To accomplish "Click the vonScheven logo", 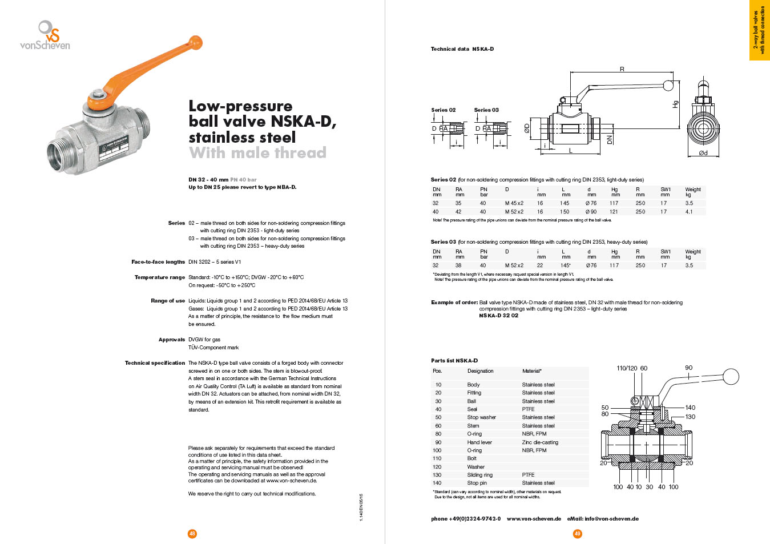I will pyautogui.click(x=45, y=35).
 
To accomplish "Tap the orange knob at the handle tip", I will pyautogui.click(x=195, y=43).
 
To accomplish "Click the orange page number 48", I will pyautogui.click(x=192, y=534).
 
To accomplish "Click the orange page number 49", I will pyautogui.click(x=578, y=534).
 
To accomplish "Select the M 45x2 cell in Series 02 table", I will pyautogui.click(x=514, y=203).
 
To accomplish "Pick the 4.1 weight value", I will pyautogui.click(x=689, y=212).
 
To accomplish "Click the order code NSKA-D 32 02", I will pyautogui.click(x=498, y=316).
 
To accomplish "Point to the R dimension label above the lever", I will pyautogui.click(x=622, y=69).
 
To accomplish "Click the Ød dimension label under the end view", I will pyautogui.click(x=703, y=153).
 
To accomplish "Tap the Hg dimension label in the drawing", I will pyautogui.click(x=675, y=104).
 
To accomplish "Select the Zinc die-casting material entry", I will pyautogui.click(x=540, y=442).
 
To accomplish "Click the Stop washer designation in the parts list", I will pyautogui.click(x=481, y=417).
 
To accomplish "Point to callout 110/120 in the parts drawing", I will pyautogui.click(x=627, y=368).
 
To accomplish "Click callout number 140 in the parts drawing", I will pyautogui.click(x=690, y=408).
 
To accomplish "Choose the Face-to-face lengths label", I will pyautogui.click(x=158, y=262).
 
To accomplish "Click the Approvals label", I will pyautogui.click(x=172, y=340).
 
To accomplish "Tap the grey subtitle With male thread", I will pyautogui.click(x=257, y=153).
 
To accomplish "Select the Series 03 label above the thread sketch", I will pyautogui.click(x=486, y=110).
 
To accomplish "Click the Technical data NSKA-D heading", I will pyautogui.click(x=462, y=49).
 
